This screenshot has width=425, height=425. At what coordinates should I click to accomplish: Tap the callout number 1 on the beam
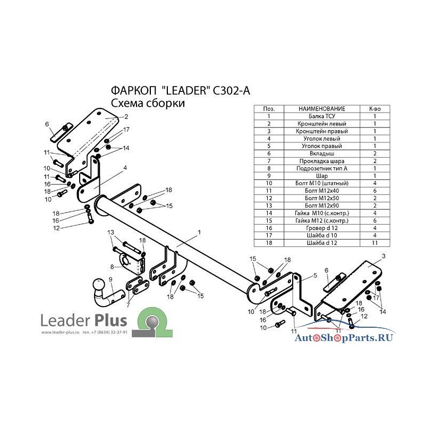point(199,232)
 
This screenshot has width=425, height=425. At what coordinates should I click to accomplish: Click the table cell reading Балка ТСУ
point(322,116)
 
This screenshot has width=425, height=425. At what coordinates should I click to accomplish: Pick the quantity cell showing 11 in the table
point(375,243)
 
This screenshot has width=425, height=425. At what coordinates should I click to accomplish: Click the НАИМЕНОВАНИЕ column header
point(322,109)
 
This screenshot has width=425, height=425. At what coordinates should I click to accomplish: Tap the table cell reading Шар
point(322,176)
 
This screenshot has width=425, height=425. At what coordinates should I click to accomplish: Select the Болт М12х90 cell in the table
point(322,206)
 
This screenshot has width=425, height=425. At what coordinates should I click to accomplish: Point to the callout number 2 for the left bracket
point(126,117)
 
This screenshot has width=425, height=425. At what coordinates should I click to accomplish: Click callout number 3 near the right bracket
point(383,256)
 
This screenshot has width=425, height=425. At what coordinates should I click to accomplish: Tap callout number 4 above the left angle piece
point(125,168)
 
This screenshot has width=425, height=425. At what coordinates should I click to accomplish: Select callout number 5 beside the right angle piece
point(315,275)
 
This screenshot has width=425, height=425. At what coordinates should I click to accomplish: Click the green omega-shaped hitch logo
point(152,322)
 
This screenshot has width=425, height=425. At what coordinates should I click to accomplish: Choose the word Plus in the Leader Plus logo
point(110,320)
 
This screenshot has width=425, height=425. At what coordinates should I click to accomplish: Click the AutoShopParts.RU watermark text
point(344,338)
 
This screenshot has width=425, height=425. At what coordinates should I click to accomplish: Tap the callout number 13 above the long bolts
point(110,232)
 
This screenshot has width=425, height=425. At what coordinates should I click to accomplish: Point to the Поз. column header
point(269,109)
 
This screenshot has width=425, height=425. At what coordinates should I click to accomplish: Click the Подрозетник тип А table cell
point(322,168)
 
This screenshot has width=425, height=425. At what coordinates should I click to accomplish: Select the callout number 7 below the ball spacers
point(127,305)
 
